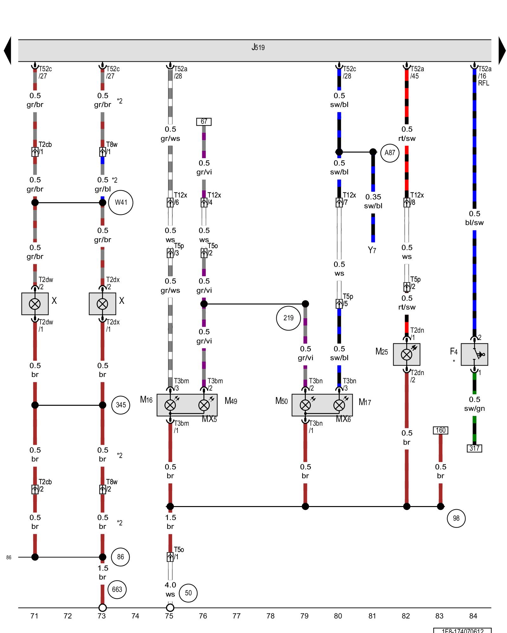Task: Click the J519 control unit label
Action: [x=258, y=47]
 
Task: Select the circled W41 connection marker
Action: [x=121, y=203]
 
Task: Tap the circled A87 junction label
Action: [x=389, y=153]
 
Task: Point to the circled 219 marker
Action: [x=288, y=318]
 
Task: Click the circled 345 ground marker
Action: [x=121, y=405]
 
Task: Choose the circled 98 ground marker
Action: [x=456, y=518]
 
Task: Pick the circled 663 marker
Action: [x=117, y=589]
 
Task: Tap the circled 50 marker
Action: [x=188, y=593]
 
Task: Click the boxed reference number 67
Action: [x=204, y=122]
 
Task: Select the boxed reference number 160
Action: [x=440, y=430]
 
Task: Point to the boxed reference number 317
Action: [x=474, y=448]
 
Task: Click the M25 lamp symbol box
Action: [x=407, y=354]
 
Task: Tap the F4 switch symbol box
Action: [x=474, y=354]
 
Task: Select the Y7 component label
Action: [x=372, y=250]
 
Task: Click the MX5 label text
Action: [x=209, y=419]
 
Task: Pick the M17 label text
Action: [x=365, y=402]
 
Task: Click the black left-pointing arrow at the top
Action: [x=8, y=51]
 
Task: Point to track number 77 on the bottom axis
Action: [x=236, y=616]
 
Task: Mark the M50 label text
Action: [x=281, y=401]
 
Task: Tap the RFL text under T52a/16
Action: [x=484, y=83]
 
